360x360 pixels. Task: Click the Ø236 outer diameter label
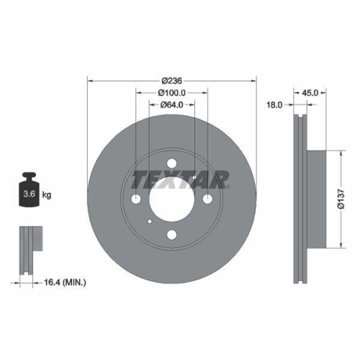(171, 80)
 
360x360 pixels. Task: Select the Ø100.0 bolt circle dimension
(172, 93)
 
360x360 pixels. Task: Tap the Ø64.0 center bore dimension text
(171, 106)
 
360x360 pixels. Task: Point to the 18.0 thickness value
(274, 104)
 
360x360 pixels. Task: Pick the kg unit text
(47, 194)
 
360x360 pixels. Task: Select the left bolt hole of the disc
(137, 199)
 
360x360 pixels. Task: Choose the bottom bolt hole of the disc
(171, 234)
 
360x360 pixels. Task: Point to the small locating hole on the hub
(148, 222)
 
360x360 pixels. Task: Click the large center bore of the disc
(171, 199)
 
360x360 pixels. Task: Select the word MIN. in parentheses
(73, 284)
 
